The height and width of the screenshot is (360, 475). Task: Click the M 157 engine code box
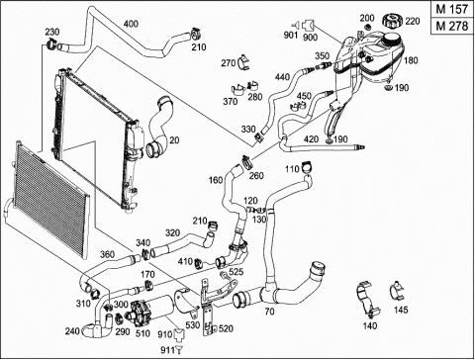click(452, 9)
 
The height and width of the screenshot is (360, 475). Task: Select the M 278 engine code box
click(452, 26)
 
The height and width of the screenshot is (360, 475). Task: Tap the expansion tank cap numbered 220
click(393, 21)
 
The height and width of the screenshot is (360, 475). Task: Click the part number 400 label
click(131, 24)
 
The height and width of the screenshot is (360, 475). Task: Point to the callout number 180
click(411, 60)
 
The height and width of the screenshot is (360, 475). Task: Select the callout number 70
click(269, 312)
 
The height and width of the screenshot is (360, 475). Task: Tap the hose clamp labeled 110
click(307, 167)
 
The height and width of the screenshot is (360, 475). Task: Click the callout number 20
click(174, 140)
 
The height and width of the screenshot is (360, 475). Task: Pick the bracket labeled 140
click(367, 302)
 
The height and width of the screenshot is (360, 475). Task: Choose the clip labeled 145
click(397, 291)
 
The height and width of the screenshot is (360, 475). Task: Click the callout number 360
click(107, 254)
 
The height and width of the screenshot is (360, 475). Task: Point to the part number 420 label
click(311, 139)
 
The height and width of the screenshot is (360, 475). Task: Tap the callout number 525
click(236, 272)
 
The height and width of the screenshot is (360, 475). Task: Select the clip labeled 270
click(244, 61)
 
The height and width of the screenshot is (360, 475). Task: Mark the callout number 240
click(73, 330)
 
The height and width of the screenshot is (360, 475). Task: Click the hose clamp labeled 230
click(50, 44)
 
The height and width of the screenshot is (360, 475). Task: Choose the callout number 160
click(216, 180)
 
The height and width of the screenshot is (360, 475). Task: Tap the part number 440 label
click(282, 77)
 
